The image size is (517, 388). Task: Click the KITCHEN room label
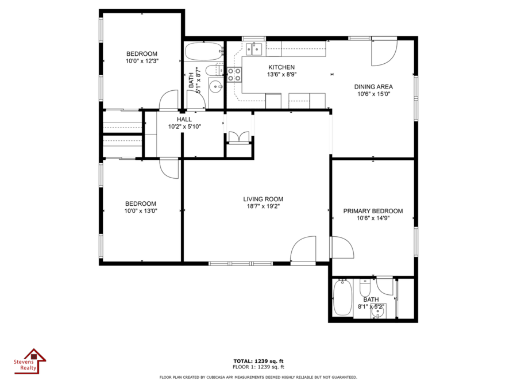(281, 67)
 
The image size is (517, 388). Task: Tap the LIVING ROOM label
(263, 199)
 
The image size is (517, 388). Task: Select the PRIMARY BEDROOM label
(373, 211)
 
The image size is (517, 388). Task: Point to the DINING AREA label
(373, 87)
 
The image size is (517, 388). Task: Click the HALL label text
(184, 120)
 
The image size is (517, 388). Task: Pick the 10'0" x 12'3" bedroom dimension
(142, 61)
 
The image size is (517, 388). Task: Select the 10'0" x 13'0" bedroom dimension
(141, 211)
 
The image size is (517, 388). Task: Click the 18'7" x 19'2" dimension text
(263, 206)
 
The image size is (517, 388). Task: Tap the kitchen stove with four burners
(234, 74)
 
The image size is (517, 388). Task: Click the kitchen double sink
(254, 49)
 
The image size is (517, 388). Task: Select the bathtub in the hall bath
(204, 52)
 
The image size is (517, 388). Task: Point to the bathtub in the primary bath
(342, 297)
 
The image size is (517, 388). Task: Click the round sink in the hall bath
(217, 87)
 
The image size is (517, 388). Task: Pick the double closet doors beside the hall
(239, 137)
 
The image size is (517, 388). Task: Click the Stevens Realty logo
(30, 362)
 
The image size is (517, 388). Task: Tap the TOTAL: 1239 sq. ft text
(258, 361)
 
